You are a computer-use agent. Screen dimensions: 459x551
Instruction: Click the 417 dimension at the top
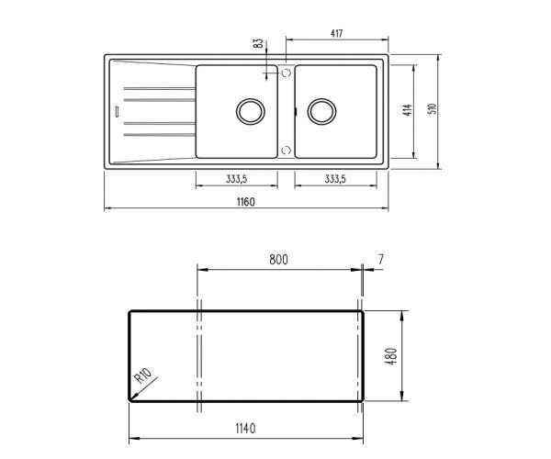point(336,34)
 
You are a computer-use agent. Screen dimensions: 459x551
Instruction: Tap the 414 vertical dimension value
point(407,111)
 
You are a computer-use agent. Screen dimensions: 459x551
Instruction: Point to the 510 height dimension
point(432,109)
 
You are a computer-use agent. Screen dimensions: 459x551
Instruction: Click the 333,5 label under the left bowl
point(237,179)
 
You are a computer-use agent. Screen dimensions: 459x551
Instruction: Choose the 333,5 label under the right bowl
point(335,179)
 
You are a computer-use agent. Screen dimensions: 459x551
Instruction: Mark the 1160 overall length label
point(243,202)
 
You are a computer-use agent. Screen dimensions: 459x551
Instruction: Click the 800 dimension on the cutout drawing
point(278,260)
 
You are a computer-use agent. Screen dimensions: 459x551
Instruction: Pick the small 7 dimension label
point(380,260)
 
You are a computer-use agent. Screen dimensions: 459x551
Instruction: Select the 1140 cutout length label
point(244,428)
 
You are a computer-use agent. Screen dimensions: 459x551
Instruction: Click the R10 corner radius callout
point(143,376)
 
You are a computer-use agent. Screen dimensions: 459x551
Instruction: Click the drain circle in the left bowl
point(249,111)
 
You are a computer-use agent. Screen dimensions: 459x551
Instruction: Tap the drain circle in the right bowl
point(320,111)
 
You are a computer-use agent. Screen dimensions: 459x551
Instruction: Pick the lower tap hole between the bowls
point(286,150)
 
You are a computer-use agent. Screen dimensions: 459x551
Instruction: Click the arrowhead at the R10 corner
point(133,397)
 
